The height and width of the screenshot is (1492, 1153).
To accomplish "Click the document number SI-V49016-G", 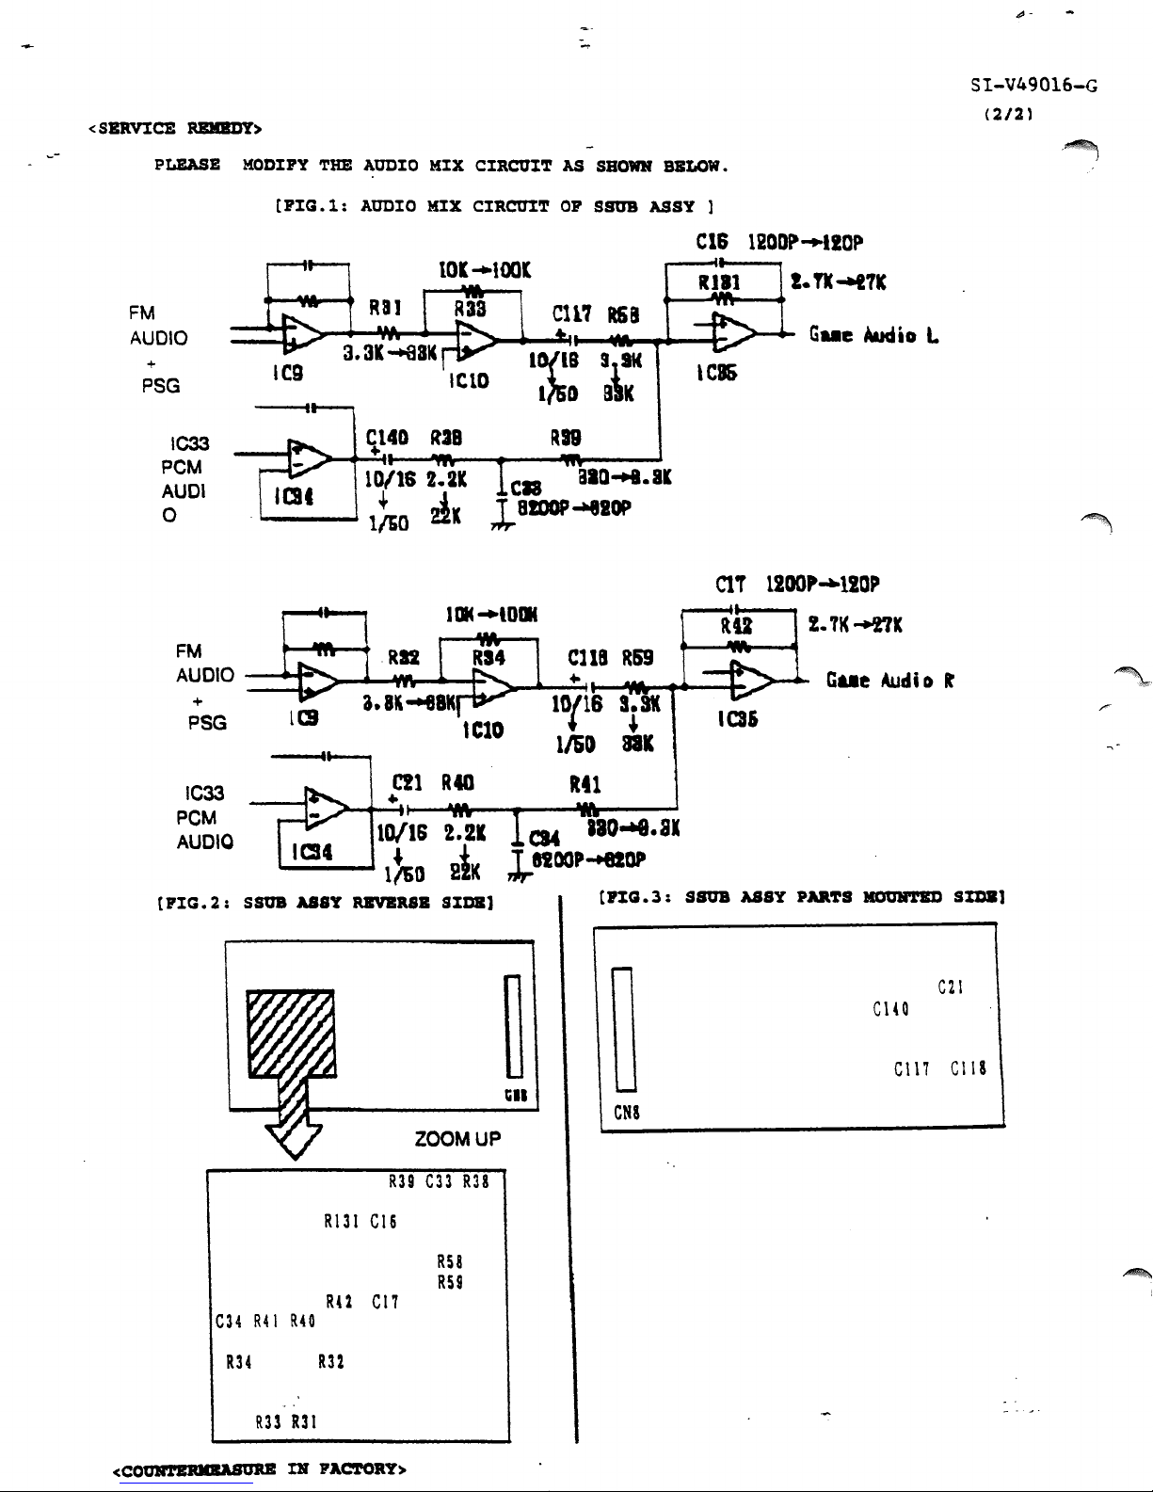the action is (1033, 87).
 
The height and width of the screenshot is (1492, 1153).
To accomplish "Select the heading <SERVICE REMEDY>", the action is (175, 128).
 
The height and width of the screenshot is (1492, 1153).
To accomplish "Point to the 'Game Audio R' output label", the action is (890, 681).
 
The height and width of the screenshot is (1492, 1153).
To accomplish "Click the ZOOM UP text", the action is (457, 1139).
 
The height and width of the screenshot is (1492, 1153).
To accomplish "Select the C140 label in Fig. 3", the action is (889, 1010).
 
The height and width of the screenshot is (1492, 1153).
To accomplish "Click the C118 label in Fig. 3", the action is (968, 1068).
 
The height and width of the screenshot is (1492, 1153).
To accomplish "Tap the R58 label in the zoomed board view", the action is (450, 1261).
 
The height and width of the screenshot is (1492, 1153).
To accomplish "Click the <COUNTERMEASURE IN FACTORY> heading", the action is (259, 1469).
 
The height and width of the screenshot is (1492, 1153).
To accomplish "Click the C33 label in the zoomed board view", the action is (440, 1181).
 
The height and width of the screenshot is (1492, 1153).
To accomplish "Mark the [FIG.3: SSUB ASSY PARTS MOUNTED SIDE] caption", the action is (803, 897).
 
